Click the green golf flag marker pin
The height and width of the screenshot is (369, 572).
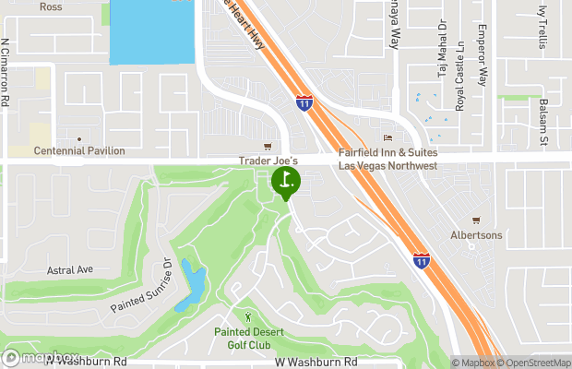point(286,181)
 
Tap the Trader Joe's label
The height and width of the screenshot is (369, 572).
point(265,160)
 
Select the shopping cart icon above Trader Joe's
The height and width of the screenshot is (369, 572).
point(268,146)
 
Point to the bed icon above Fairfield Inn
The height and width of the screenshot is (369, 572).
point(387,138)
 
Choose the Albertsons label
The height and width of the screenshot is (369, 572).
point(476,235)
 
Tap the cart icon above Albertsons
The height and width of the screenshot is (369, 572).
point(476,220)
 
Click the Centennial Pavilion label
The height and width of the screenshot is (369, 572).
point(79,151)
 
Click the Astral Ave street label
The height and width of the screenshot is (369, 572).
point(70,269)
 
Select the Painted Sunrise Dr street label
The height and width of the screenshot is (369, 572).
point(142,284)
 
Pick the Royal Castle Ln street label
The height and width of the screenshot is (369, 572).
point(459,88)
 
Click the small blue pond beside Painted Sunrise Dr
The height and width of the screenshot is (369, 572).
point(192,284)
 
